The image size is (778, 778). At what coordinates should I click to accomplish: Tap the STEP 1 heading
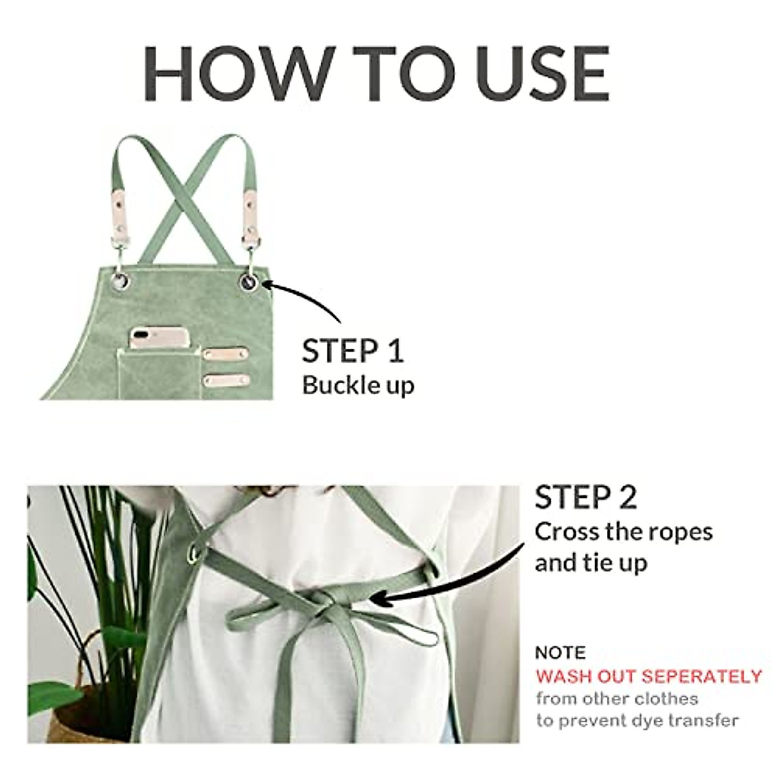353,351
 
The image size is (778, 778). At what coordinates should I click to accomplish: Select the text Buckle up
358,385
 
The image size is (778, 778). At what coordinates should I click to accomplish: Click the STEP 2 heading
586,497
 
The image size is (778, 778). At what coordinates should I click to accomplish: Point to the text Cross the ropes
623,532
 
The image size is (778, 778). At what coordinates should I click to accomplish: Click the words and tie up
591,563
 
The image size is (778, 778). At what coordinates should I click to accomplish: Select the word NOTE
560,652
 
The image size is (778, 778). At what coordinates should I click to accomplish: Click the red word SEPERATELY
701,677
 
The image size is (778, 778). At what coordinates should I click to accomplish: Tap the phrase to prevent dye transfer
637,720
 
